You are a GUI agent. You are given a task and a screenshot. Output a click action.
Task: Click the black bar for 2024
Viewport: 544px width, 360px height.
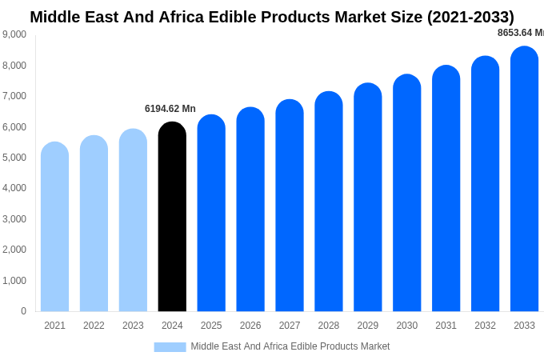[172, 217]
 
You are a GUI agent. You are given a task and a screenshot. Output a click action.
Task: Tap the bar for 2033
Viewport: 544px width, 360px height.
[524, 179]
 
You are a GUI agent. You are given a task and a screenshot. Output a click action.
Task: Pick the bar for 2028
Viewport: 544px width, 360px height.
[329, 202]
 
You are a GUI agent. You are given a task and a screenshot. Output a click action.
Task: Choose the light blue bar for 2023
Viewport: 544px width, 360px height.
[133, 220]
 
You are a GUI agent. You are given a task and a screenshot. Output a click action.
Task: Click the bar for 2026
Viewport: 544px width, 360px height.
[250, 210]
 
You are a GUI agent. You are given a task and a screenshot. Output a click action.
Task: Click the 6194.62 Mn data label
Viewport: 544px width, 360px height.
[170, 109]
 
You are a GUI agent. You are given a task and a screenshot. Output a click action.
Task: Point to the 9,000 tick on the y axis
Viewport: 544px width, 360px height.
[14, 34]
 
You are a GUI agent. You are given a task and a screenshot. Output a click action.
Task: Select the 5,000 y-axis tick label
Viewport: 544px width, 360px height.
[14, 158]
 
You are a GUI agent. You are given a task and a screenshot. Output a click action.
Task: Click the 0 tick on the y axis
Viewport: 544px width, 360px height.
[23, 311]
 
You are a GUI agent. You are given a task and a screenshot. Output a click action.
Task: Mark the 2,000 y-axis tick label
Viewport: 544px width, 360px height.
[14, 250]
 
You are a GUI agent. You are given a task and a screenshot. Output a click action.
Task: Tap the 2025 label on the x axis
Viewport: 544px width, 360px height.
[211, 326]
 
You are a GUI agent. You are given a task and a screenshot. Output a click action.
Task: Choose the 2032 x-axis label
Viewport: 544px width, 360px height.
[485, 326]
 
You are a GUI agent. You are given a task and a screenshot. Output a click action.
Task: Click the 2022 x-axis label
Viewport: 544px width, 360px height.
[94, 326]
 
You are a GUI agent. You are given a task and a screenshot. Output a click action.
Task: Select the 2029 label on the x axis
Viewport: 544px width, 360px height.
[368, 326]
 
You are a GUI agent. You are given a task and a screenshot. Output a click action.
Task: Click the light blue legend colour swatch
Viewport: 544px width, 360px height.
[170, 347]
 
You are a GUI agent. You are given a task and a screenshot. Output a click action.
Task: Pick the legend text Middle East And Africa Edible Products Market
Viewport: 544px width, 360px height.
[290, 346]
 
